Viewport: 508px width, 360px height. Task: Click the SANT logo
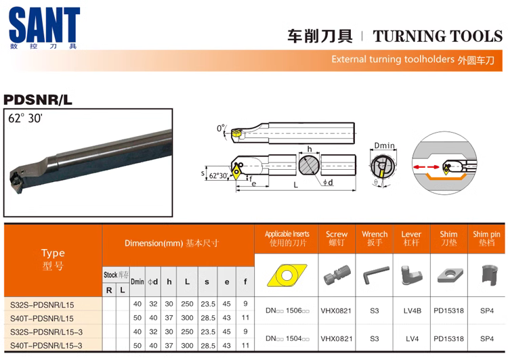coord(45,28)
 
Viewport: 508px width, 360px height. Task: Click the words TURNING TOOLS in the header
coord(438,36)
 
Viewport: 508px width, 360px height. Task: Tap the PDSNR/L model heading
coord(38,99)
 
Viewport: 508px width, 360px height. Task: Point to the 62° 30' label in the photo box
coord(26,118)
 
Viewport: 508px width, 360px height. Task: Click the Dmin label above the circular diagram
coord(385,145)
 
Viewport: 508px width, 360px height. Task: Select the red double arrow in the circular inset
coord(426,167)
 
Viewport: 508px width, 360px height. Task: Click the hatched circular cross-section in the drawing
coord(309,165)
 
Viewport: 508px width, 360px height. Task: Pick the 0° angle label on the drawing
coord(221,128)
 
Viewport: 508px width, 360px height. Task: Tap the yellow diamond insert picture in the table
coord(287,275)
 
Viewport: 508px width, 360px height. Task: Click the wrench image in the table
coord(375,275)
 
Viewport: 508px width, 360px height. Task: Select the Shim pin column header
coord(486,238)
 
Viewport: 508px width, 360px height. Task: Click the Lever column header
coord(411,238)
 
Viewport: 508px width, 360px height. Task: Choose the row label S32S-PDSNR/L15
coord(42,305)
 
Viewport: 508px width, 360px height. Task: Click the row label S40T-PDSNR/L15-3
coord(46,345)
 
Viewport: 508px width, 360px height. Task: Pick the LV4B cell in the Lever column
coord(412,311)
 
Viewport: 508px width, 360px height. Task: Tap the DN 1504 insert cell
coord(287,338)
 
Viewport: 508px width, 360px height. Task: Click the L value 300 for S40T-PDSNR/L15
coord(187,318)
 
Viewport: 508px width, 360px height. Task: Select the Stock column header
coord(116,275)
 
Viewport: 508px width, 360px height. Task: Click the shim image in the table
coord(449,275)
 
